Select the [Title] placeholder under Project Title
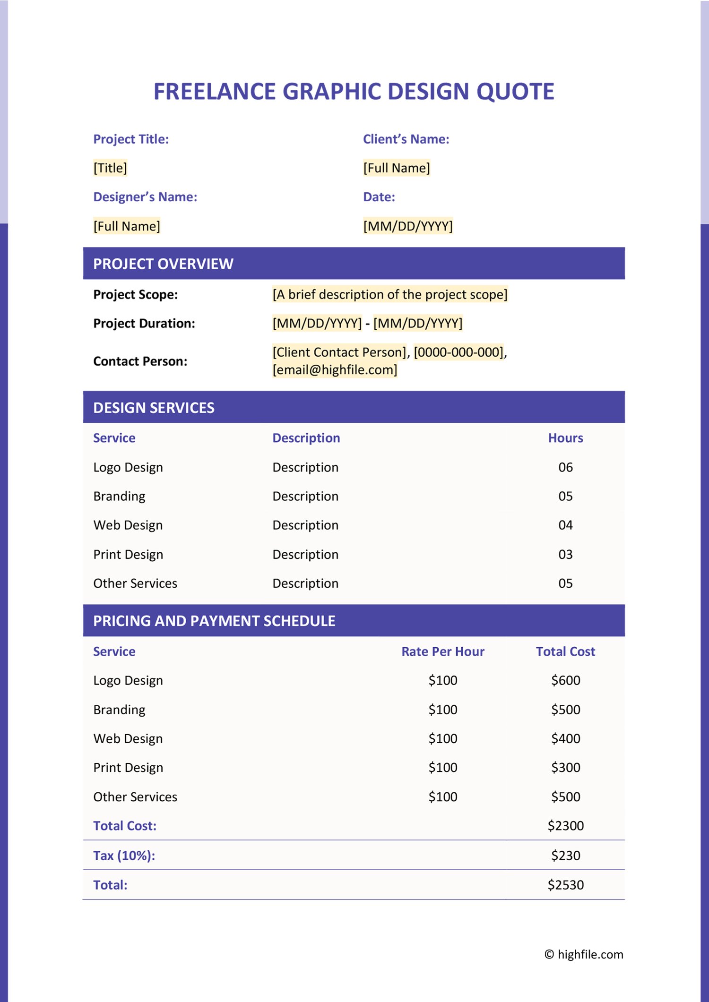[110, 168]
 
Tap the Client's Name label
[406, 139]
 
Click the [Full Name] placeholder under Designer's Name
[127, 226]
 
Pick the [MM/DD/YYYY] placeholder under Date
[407, 226]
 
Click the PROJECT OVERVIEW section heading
[163, 264]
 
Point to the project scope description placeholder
[389, 295]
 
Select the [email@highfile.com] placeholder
[335, 370]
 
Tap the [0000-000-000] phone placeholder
[458, 352]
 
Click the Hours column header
[565, 438]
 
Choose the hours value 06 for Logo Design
[565, 468]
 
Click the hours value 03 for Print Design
[565, 555]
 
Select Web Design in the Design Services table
[128, 525]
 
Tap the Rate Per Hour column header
[443, 652]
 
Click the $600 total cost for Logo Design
[565, 681]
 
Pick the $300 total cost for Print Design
[565, 768]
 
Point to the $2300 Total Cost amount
[565, 826]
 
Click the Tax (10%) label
[124, 856]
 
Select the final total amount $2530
[565, 885]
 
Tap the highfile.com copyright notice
[584, 954]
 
